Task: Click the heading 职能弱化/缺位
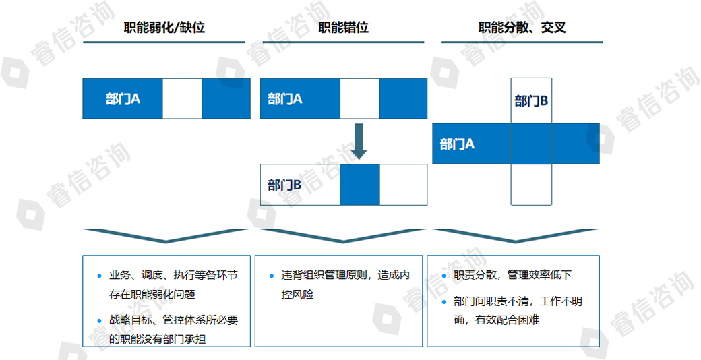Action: [164, 28]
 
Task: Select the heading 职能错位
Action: [344, 28]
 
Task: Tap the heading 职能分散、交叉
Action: [522, 28]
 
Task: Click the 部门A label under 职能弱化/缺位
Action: [123, 99]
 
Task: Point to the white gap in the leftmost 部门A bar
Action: [182, 99]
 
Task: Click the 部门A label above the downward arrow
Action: [284, 99]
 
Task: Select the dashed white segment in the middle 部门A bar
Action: [359, 99]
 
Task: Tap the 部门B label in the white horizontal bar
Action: [284, 185]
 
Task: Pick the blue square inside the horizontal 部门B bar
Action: [359, 185]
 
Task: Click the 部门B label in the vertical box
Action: [531, 101]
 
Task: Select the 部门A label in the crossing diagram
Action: [457, 144]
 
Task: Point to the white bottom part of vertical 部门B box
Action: [531, 184]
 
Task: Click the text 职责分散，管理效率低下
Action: [513, 275]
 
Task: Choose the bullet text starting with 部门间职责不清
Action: [518, 310]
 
